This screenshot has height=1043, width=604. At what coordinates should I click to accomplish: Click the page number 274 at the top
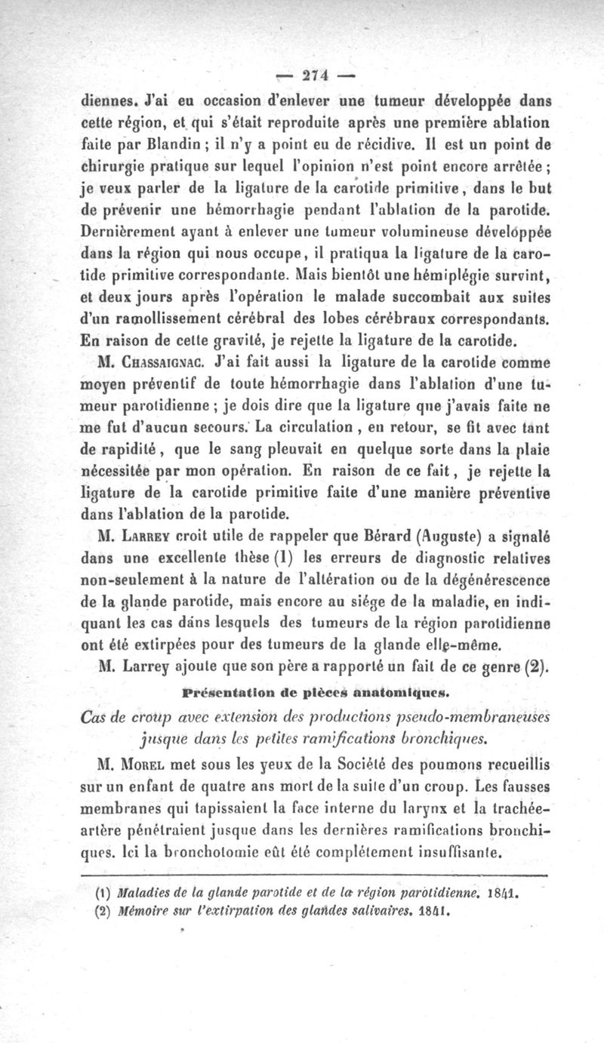click(x=313, y=75)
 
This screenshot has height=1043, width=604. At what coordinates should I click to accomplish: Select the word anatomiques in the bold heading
click(x=390, y=690)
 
